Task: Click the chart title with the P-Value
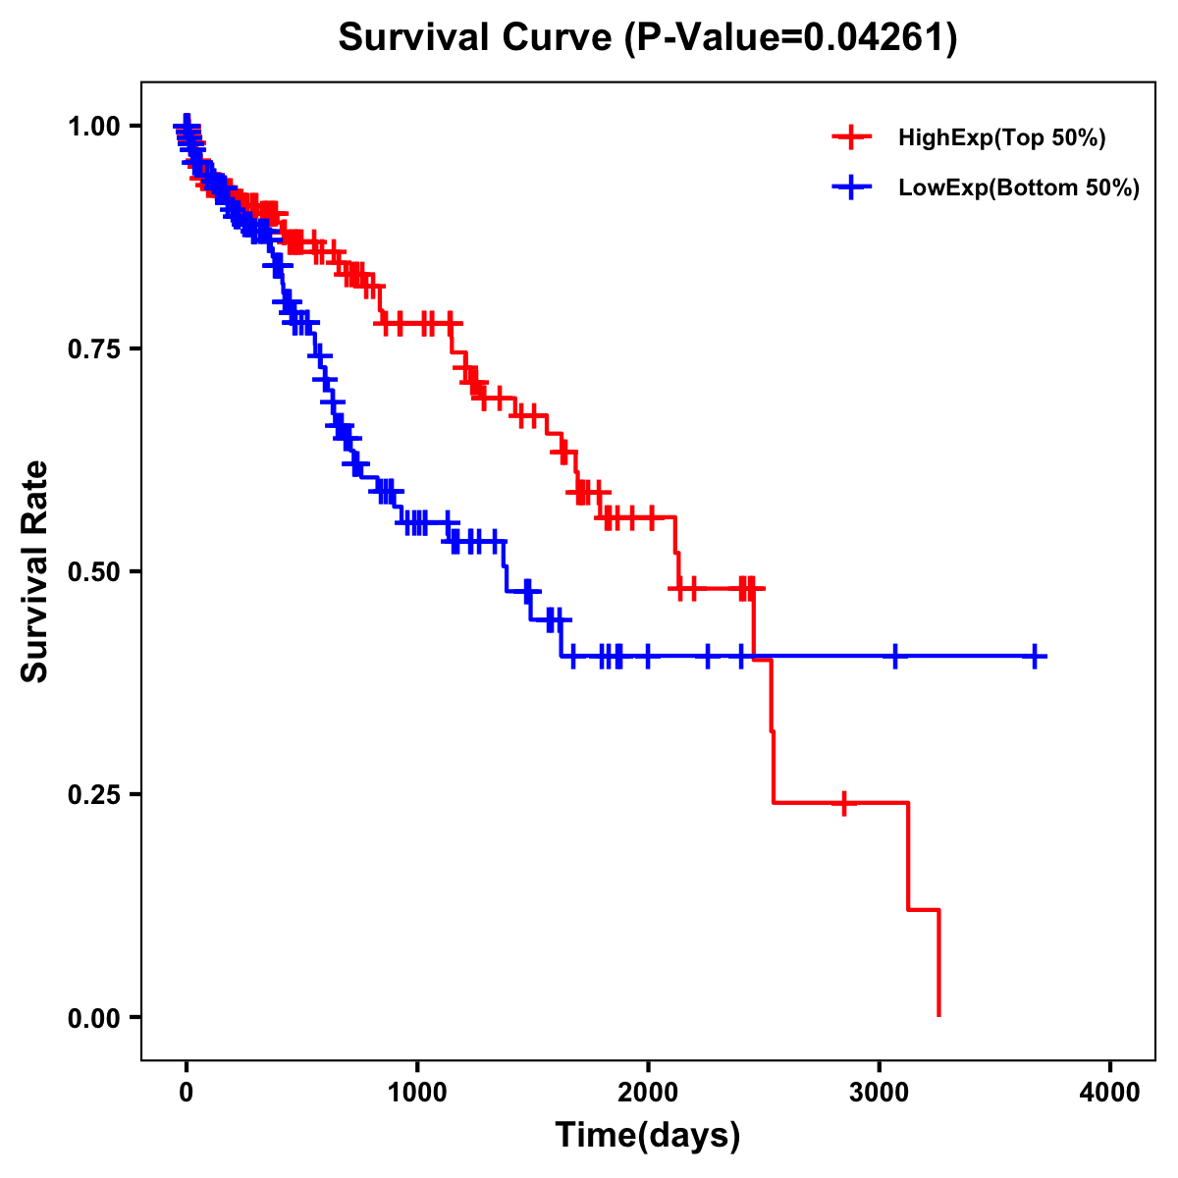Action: coord(647,38)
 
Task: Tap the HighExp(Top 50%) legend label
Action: coord(1001,138)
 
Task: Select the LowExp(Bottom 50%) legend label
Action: coord(1019,188)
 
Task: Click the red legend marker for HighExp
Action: coord(851,137)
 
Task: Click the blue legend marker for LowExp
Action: coord(851,187)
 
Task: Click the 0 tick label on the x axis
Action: coord(187,1093)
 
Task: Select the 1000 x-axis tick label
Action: coord(417,1093)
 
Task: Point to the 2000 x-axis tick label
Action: coord(648,1093)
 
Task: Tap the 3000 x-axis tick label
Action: coord(880,1093)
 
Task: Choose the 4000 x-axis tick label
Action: coord(1110,1093)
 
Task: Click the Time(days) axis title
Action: coord(648,1136)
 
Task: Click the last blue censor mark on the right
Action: coord(1035,656)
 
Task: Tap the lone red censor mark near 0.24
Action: coord(842,803)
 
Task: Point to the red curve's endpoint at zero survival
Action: coord(939,1015)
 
